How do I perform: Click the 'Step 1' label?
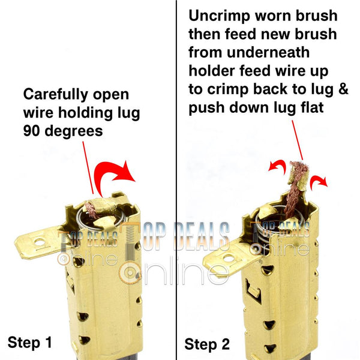click(x=30, y=342)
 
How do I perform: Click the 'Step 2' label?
click(x=207, y=344)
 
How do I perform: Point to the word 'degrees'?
click(x=74, y=132)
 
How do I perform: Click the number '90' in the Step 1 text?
click(x=32, y=131)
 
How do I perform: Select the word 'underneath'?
click(x=268, y=52)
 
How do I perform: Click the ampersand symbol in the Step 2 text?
click(x=344, y=89)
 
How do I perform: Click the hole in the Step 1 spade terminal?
click(x=40, y=242)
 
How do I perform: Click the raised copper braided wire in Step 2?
click(x=295, y=188)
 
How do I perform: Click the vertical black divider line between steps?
click(x=176, y=180)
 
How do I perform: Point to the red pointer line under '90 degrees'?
click(x=88, y=168)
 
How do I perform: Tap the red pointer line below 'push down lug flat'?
click(x=298, y=140)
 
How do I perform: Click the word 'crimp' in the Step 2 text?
click(x=228, y=89)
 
